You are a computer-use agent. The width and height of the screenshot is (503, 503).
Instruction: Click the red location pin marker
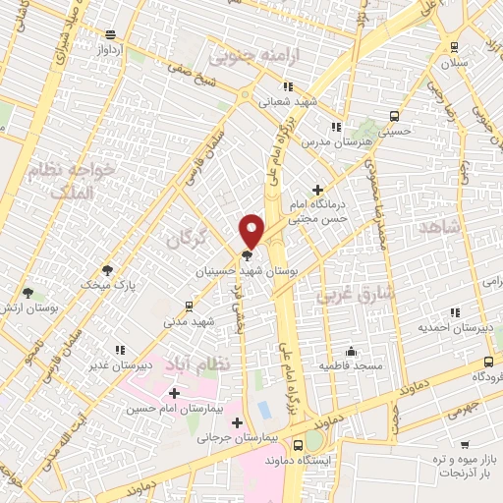tap(251, 230)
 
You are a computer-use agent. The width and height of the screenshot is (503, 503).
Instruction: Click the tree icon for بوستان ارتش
tap(28, 292)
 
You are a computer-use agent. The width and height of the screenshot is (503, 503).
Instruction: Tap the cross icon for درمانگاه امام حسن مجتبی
tap(316, 190)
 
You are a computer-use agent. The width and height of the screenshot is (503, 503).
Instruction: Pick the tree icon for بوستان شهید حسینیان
tap(246, 254)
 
